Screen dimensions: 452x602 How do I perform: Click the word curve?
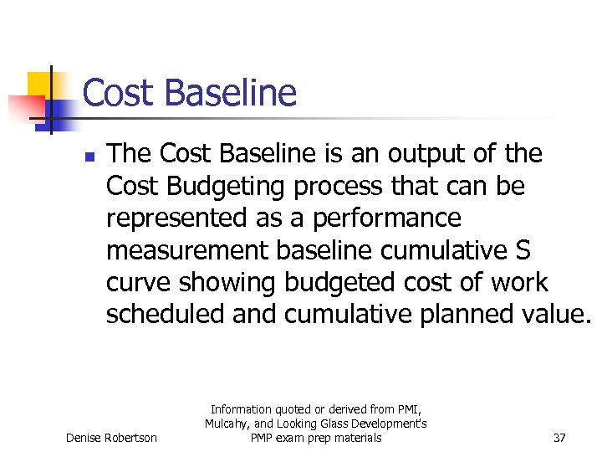tap(139, 282)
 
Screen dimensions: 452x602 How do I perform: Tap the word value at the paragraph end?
tap(555, 314)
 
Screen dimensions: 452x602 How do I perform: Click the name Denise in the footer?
tap(86, 438)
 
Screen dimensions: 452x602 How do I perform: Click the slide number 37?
tap(559, 438)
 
